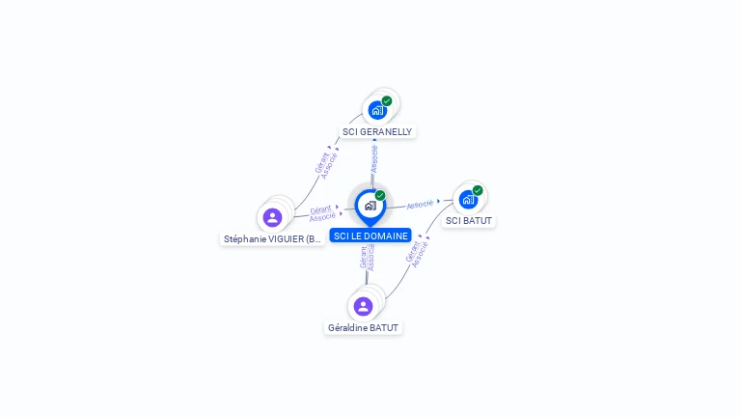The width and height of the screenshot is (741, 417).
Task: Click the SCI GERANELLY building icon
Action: (x=377, y=110)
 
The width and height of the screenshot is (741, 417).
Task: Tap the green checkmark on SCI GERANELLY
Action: (x=387, y=100)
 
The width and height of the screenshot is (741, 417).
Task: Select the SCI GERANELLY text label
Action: (x=377, y=131)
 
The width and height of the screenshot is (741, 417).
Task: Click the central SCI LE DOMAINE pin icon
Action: (x=370, y=206)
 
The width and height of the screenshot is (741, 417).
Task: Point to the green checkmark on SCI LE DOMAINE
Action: (x=380, y=195)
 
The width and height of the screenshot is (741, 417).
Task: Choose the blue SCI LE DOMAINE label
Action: (x=370, y=236)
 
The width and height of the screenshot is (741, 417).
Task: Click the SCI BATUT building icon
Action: (x=468, y=200)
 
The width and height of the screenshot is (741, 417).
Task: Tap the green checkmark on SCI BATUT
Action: (x=478, y=190)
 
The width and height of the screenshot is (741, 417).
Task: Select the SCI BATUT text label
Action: (x=469, y=220)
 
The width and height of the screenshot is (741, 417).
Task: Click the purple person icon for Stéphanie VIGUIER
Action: (x=272, y=217)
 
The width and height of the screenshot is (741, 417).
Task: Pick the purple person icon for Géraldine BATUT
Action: (x=363, y=306)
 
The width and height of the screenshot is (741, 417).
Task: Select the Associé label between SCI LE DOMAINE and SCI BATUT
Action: (x=420, y=205)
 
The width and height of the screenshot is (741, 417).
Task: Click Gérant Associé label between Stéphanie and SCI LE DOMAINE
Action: (x=322, y=212)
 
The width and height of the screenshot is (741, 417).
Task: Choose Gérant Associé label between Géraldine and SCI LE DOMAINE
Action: (x=367, y=257)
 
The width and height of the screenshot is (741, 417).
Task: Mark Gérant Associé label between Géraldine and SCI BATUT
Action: (x=416, y=250)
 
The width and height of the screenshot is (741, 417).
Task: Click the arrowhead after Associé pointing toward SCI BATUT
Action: (x=439, y=202)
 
